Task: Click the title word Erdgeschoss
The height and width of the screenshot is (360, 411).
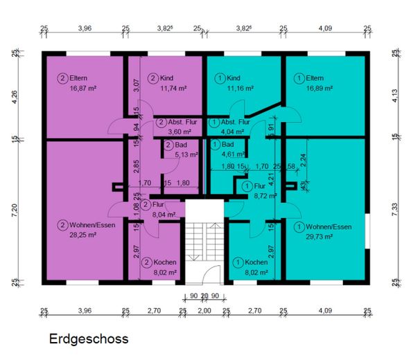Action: click(88, 340)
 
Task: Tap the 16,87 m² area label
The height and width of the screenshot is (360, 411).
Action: click(83, 89)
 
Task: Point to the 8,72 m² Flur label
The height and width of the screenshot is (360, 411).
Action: click(263, 196)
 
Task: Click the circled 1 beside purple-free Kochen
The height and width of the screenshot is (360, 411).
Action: click(238, 262)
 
